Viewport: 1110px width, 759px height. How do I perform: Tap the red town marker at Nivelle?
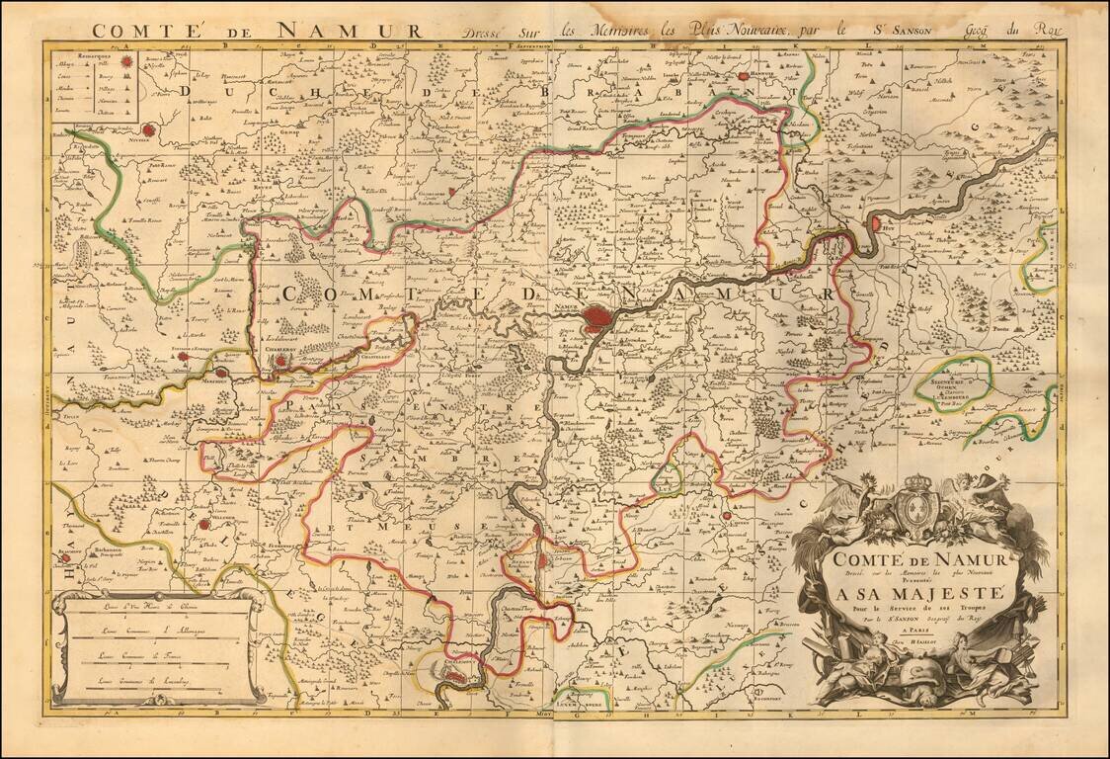click(x=149, y=129)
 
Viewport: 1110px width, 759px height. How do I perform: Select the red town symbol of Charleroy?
click(x=282, y=361)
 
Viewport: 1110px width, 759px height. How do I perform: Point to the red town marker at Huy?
click(x=876, y=225)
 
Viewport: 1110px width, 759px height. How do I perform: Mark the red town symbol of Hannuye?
click(x=743, y=74)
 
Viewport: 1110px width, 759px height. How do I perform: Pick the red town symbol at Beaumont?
click(x=66, y=557)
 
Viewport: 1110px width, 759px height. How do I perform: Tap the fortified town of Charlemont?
click(x=451, y=673)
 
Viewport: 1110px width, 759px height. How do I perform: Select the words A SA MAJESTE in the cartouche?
click(x=914, y=594)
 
